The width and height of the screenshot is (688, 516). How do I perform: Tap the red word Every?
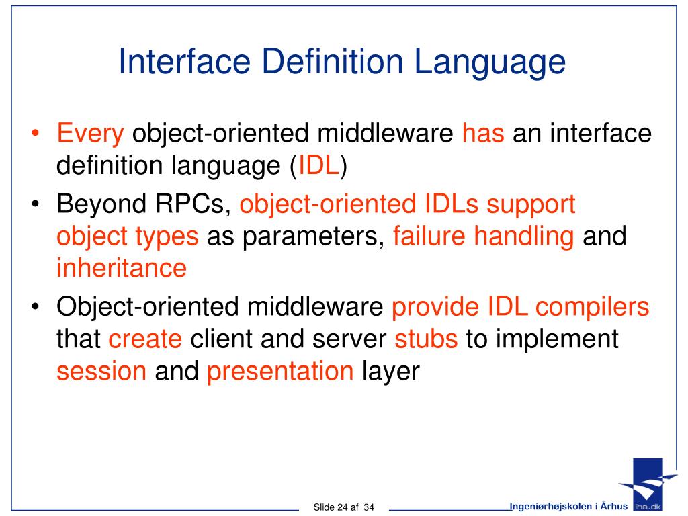tap(90, 134)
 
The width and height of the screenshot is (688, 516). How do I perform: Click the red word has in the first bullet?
tap(482, 134)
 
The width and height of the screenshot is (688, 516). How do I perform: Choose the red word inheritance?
tap(121, 268)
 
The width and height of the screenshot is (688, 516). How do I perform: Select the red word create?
tap(145, 339)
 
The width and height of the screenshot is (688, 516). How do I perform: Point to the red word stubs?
tap(426, 339)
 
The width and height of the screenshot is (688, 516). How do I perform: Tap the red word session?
tap(101, 372)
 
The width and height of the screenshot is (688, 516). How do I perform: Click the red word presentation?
tap(280, 372)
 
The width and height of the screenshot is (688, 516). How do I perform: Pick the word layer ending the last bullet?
tap(390, 372)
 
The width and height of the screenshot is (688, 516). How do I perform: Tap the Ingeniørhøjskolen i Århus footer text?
tap(568, 505)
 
